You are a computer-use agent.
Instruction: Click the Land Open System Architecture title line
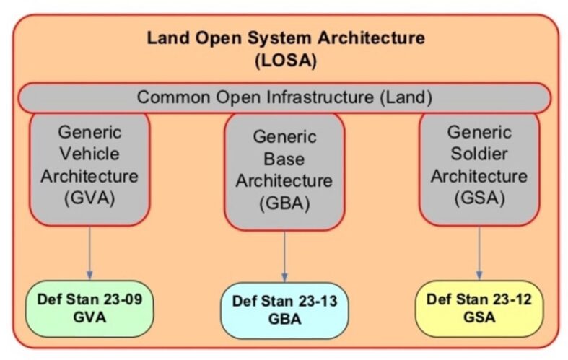coord(286,37)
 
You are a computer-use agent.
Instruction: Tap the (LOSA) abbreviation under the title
coord(286,61)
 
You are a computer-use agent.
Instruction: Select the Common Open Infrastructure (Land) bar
coord(284,97)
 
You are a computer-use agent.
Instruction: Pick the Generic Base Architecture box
coord(284,170)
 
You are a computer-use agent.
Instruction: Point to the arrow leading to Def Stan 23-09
coord(90,253)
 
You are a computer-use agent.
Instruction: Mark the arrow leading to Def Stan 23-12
coord(479,253)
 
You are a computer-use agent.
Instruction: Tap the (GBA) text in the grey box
coord(284,203)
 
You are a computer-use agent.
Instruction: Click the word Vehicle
coord(90,155)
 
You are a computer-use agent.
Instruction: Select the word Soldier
coord(479,154)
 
